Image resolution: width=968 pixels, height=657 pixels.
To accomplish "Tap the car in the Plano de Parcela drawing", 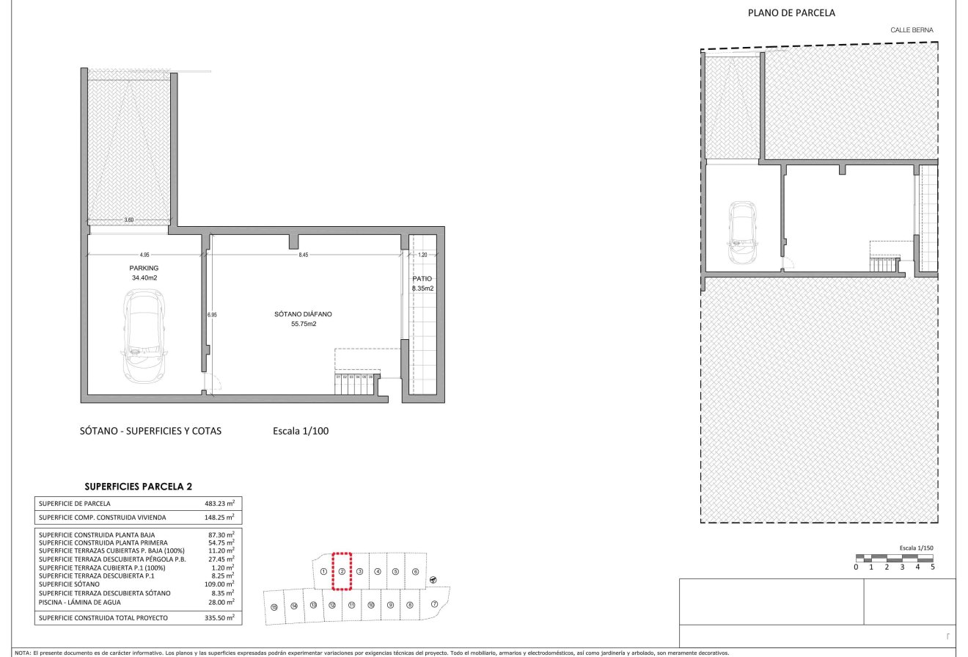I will [741, 233].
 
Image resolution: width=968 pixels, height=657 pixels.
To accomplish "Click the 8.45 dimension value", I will [304, 255].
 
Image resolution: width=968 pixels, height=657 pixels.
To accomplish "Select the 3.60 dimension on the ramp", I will [129, 219].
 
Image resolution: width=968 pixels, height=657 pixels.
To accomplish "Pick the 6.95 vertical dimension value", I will [212, 314].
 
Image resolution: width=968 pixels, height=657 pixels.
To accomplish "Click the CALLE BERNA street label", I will [912, 30].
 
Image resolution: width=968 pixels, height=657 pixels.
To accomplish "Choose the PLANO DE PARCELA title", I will [791, 12].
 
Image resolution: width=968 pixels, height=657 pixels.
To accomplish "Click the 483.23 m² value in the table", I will [219, 504].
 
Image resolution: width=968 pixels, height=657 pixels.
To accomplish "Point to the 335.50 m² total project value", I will [219, 618].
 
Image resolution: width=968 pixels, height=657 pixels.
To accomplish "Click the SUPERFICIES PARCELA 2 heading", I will [139, 486].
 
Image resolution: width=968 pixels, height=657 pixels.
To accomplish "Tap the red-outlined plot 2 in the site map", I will [342, 571].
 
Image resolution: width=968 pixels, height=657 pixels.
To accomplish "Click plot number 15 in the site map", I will [274, 607].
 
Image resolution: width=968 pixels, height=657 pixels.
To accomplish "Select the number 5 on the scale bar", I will [932, 566].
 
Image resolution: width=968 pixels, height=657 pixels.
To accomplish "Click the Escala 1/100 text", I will [300, 431].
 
